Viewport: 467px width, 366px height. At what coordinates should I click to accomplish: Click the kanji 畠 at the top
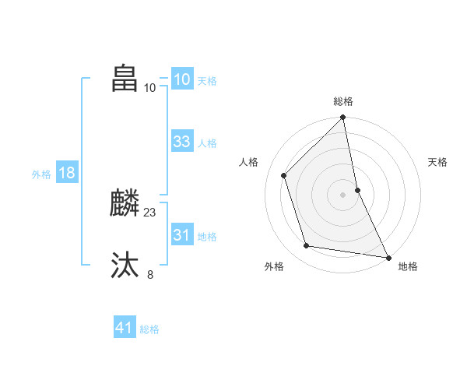click(125, 79)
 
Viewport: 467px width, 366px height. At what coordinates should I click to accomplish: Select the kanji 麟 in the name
click(125, 204)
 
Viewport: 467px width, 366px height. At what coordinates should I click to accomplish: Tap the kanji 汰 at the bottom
click(125, 265)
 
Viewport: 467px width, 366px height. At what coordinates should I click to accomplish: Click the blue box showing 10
click(181, 79)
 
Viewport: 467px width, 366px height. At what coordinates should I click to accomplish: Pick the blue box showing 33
click(181, 142)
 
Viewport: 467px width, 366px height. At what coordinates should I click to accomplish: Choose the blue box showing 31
click(181, 234)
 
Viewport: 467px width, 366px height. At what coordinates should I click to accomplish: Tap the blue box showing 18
click(66, 173)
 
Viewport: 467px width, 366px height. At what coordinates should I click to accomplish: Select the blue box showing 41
click(125, 328)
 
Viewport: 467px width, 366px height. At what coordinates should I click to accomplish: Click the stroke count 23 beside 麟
click(150, 212)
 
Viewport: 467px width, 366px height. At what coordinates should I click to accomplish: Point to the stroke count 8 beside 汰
click(150, 273)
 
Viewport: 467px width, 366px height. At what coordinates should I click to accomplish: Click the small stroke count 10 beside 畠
click(150, 87)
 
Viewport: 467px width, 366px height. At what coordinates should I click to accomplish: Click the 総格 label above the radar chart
click(343, 101)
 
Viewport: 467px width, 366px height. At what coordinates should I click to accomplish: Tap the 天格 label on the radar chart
click(437, 162)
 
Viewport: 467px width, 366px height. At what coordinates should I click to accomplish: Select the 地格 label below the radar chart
click(408, 266)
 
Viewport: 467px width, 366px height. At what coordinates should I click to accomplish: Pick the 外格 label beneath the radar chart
click(274, 266)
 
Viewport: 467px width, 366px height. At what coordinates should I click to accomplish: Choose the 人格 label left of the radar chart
click(248, 162)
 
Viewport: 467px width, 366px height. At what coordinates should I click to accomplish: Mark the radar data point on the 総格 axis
click(343, 118)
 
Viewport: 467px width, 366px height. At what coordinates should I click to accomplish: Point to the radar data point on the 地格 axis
click(388, 256)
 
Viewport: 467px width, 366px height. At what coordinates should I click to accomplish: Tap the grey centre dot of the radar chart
click(343, 195)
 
